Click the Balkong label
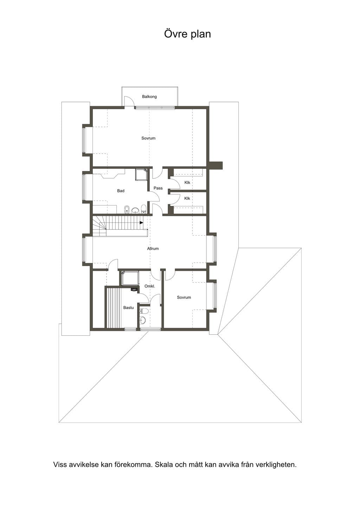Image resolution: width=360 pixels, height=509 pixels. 149,97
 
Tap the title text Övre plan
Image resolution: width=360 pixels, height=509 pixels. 187,34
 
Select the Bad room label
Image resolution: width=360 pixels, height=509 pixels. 121,191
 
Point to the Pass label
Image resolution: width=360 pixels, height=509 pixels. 158,188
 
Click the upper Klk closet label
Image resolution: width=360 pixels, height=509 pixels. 187,182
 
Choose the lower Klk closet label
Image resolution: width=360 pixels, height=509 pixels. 187,198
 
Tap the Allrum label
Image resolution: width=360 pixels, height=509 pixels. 153,249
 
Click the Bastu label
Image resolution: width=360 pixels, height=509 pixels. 128,308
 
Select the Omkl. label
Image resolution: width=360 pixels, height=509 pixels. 150,286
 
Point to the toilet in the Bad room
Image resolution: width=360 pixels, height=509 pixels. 143,209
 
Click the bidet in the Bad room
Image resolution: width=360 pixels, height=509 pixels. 127,210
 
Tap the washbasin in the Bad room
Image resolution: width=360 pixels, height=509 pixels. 135,210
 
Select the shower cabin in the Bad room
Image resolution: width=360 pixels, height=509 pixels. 142,174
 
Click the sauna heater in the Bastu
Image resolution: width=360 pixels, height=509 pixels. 134,290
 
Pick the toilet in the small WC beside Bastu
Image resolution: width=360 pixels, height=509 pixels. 144,311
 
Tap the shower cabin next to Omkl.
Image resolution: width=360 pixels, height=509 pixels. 130,278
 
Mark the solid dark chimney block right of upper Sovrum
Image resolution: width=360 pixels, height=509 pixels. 216,166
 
